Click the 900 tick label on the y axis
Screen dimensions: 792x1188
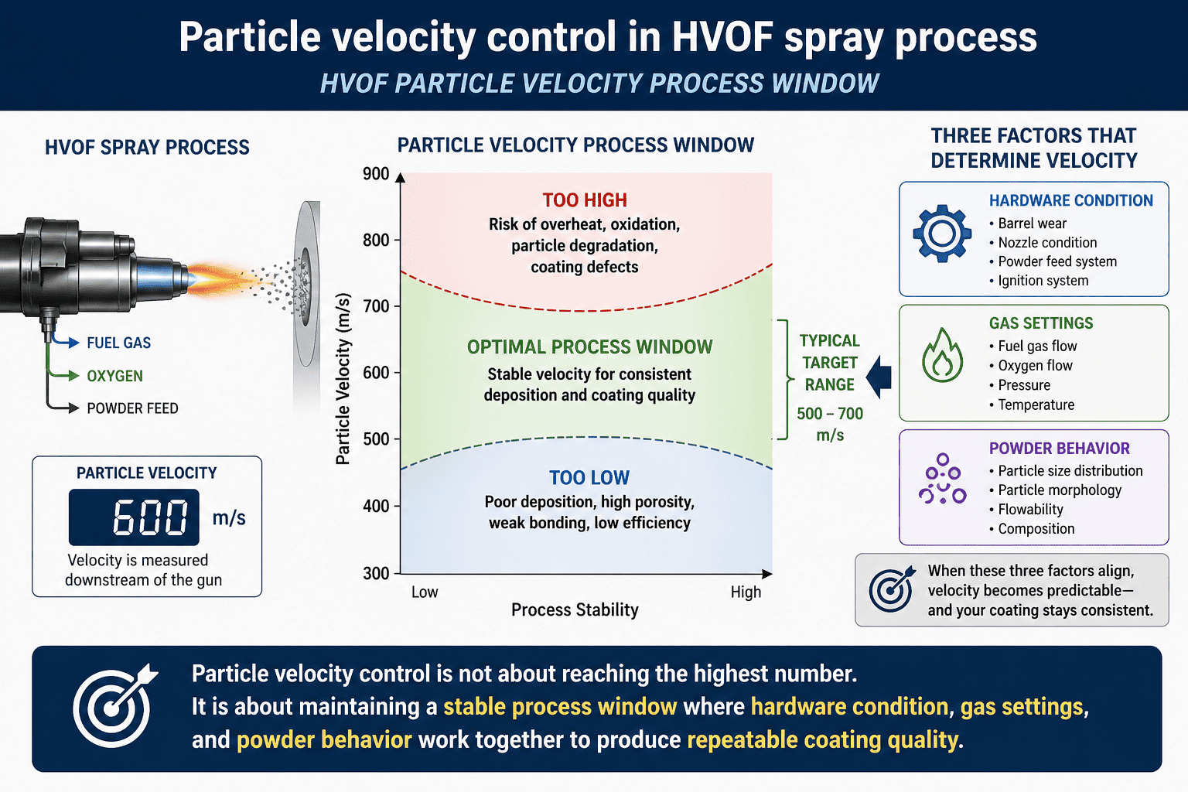click(376, 174)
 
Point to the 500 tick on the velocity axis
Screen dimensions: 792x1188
click(376, 439)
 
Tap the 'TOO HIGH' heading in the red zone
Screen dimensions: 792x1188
click(585, 200)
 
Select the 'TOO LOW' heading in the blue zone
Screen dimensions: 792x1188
click(589, 478)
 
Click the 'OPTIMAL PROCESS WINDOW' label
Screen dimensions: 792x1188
click(589, 347)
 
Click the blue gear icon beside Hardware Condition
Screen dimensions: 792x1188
click(942, 233)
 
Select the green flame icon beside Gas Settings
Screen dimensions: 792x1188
click(942, 357)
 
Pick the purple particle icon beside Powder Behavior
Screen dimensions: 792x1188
click(942, 480)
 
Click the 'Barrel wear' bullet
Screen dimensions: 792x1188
click(1032, 224)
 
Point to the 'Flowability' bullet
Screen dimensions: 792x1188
click(1030, 510)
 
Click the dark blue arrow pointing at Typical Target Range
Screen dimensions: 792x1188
click(879, 377)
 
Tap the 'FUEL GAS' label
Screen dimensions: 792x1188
click(118, 343)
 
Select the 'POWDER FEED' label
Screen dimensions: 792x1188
click(132, 408)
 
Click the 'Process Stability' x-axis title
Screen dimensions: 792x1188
click(575, 610)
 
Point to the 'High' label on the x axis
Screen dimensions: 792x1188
click(746, 592)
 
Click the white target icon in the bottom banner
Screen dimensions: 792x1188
click(114, 706)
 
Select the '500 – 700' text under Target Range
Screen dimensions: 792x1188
click(830, 414)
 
